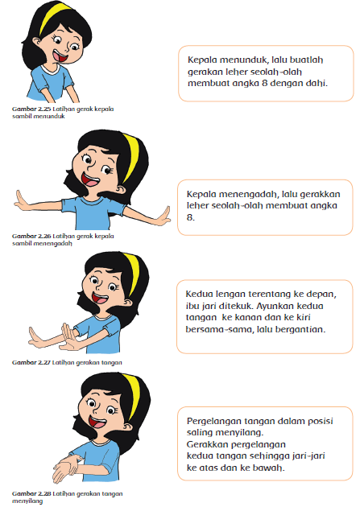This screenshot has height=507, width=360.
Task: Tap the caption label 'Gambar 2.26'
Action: click(x=24, y=237)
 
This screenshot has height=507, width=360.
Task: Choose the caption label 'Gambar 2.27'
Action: click(x=24, y=364)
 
